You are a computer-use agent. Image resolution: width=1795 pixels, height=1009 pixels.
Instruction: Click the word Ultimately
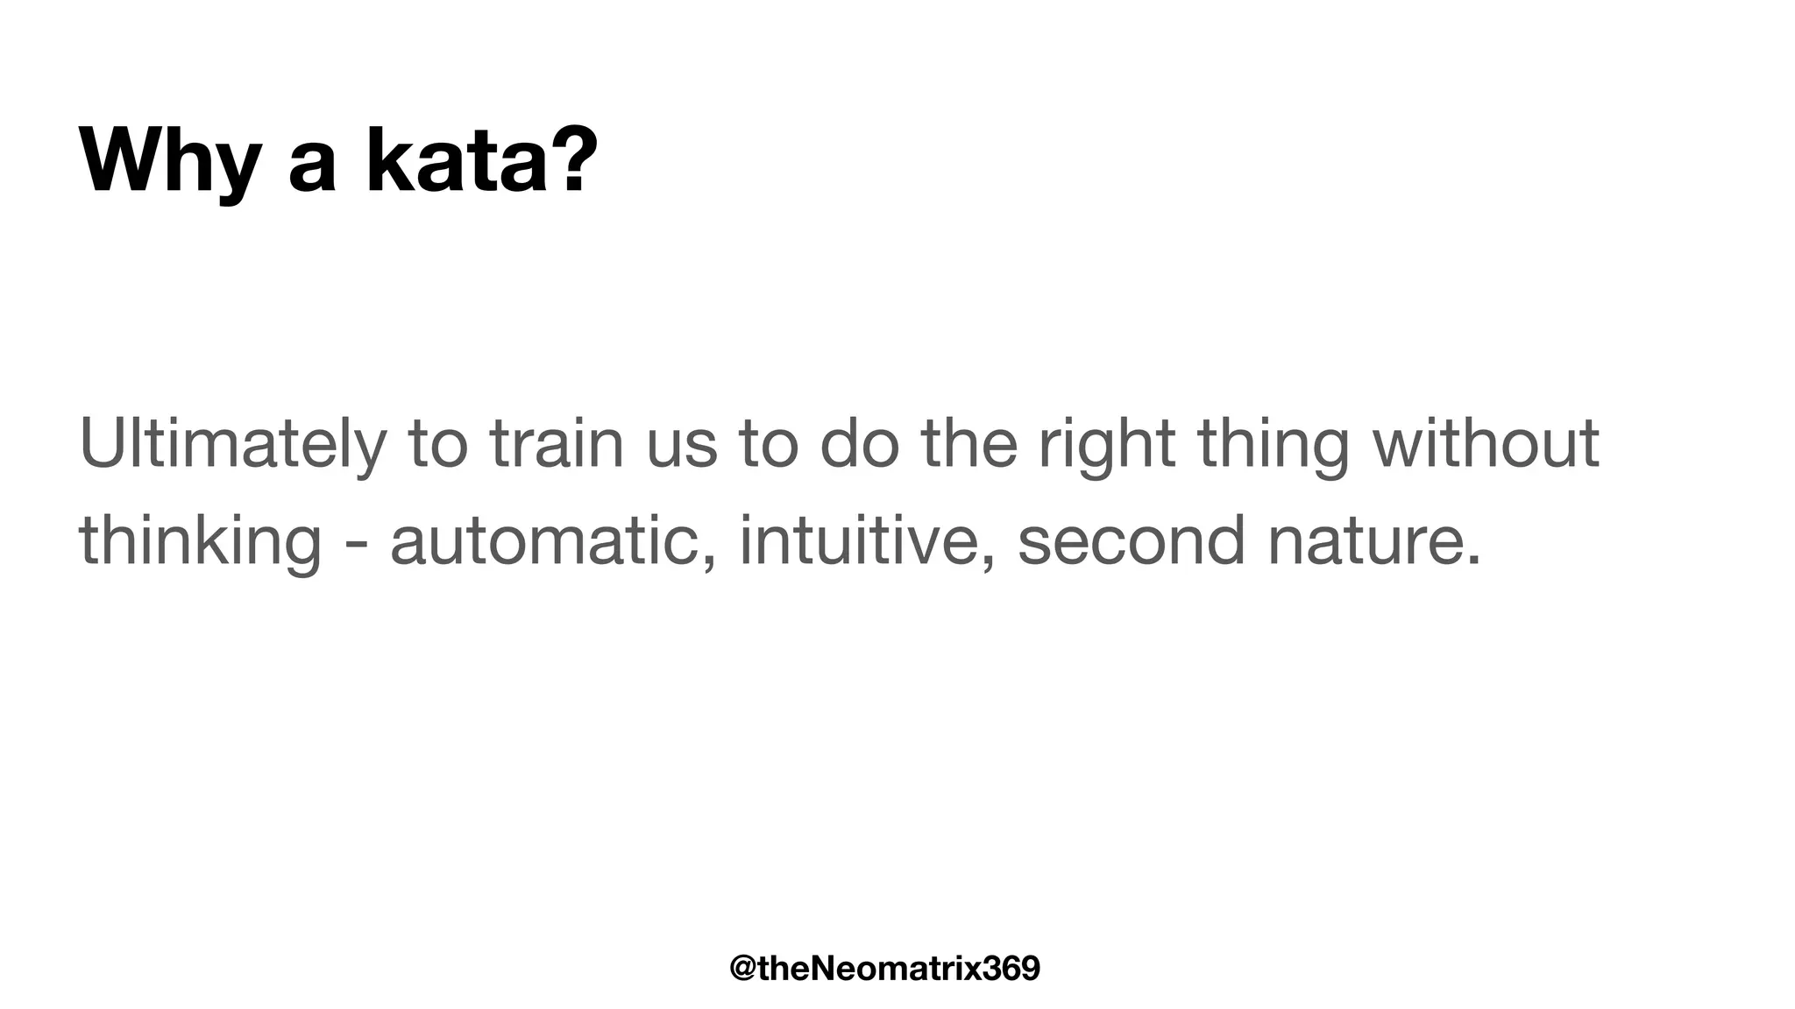[x=232, y=444]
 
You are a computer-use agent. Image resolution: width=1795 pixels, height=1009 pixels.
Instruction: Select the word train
[x=557, y=444]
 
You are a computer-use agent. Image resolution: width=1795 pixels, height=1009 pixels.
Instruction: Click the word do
[x=859, y=444]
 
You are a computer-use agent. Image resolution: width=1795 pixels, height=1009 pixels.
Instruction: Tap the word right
[x=1106, y=446]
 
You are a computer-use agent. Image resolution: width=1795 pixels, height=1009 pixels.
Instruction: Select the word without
[x=1486, y=444]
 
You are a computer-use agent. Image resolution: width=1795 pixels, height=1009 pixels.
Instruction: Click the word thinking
[x=200, y=542]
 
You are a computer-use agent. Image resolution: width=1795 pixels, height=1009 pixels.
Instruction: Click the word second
[x=1131, y=541]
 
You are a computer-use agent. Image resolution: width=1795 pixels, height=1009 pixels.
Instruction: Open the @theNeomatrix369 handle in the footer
[x=884, y=969]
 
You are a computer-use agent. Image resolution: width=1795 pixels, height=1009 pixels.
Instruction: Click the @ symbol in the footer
[x=743, y=969]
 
